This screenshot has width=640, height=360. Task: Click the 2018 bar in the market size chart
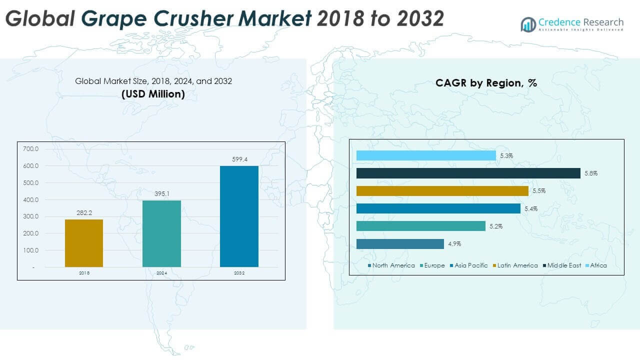pos(84,243)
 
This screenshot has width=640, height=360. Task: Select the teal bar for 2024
pos(161,233)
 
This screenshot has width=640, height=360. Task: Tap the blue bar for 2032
pos(239,216)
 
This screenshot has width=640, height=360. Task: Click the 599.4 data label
pos(239,159)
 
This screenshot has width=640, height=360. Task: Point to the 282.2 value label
pos(84,212)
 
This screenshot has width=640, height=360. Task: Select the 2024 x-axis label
pos(161,273)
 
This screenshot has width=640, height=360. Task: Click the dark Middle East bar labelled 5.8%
pos(468,173)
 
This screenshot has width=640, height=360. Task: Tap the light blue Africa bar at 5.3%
pos(426,155)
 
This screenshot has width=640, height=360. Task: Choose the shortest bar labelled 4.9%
pos(400,244)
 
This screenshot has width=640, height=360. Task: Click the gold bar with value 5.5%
pos(442,191)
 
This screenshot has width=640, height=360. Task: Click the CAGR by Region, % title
pos(486,83)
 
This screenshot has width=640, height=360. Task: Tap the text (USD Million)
pos(153,93)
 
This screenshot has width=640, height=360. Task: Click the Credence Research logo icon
pos(528,24)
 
